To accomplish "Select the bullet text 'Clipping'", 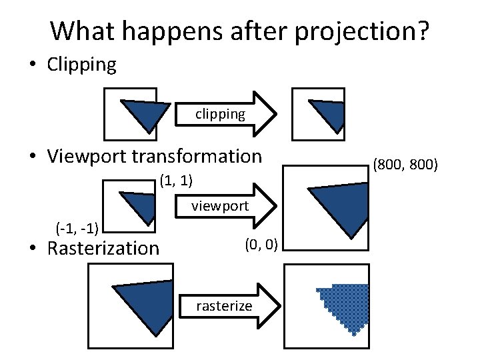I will pyautogui.click(x=81, y=65).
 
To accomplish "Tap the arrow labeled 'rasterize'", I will pyautogui.click(x=227, y=306).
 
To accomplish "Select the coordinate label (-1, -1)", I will pyautogui.click(x=77, y=230).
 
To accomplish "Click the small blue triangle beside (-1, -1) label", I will pyautogui.click(x=141, y=203).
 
